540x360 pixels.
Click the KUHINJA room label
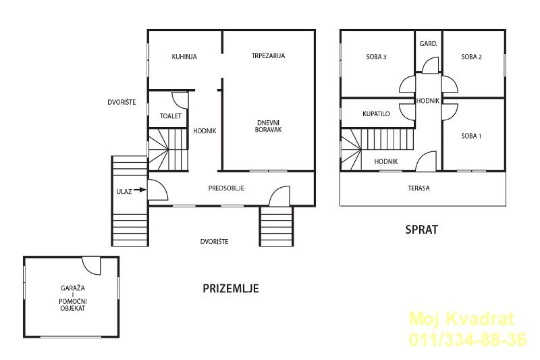184,57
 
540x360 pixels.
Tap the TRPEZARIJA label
268,56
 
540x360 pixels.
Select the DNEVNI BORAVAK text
268,126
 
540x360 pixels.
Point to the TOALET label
171,116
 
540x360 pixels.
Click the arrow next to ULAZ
140,190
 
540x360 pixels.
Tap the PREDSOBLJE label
226,188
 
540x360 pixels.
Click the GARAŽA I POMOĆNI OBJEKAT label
73,298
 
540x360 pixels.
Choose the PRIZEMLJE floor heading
231,288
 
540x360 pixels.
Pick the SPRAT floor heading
421,230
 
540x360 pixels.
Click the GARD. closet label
429,44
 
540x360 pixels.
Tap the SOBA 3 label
376,57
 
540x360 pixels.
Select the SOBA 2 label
471,57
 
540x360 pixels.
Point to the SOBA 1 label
471,136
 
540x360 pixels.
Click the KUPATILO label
376,113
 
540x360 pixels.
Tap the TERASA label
418,188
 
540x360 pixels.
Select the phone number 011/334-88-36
468,339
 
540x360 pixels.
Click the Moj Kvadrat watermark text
462,319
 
